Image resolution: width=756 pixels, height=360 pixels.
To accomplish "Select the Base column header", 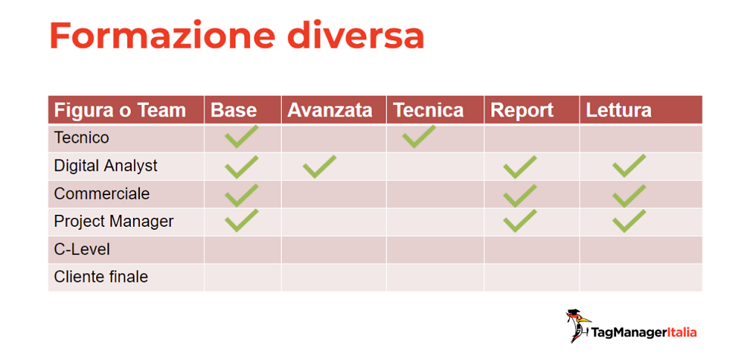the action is coord(234,110).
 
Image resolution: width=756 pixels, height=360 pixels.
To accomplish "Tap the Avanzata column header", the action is coord(330,110).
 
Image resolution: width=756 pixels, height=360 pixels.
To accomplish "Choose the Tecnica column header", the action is coord(428,110).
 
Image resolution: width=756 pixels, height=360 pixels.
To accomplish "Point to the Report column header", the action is coord(522,110).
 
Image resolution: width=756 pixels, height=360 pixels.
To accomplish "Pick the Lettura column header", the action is coord(618,110).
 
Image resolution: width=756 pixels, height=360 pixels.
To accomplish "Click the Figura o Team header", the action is coord(119,110).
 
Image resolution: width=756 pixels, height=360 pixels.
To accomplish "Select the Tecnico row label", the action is coord(82,138).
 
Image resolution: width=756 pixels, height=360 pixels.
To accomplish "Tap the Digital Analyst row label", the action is coord(106,166).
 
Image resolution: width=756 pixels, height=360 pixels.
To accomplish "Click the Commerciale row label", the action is coord(102,194).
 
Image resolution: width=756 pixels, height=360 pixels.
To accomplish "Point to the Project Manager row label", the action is coord(114,222).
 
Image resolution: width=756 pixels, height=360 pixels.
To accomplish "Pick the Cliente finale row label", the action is coord(101,277).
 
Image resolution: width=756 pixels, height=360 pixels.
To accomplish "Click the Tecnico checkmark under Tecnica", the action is coord(419,136).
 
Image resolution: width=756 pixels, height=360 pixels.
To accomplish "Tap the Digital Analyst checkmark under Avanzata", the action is coord(319,166).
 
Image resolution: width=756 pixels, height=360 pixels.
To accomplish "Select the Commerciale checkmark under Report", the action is coord(520,195).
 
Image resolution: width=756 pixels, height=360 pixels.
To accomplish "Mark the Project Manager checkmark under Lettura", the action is coord(629,221).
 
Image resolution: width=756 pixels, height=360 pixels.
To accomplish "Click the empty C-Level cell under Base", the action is coord(243,250).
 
